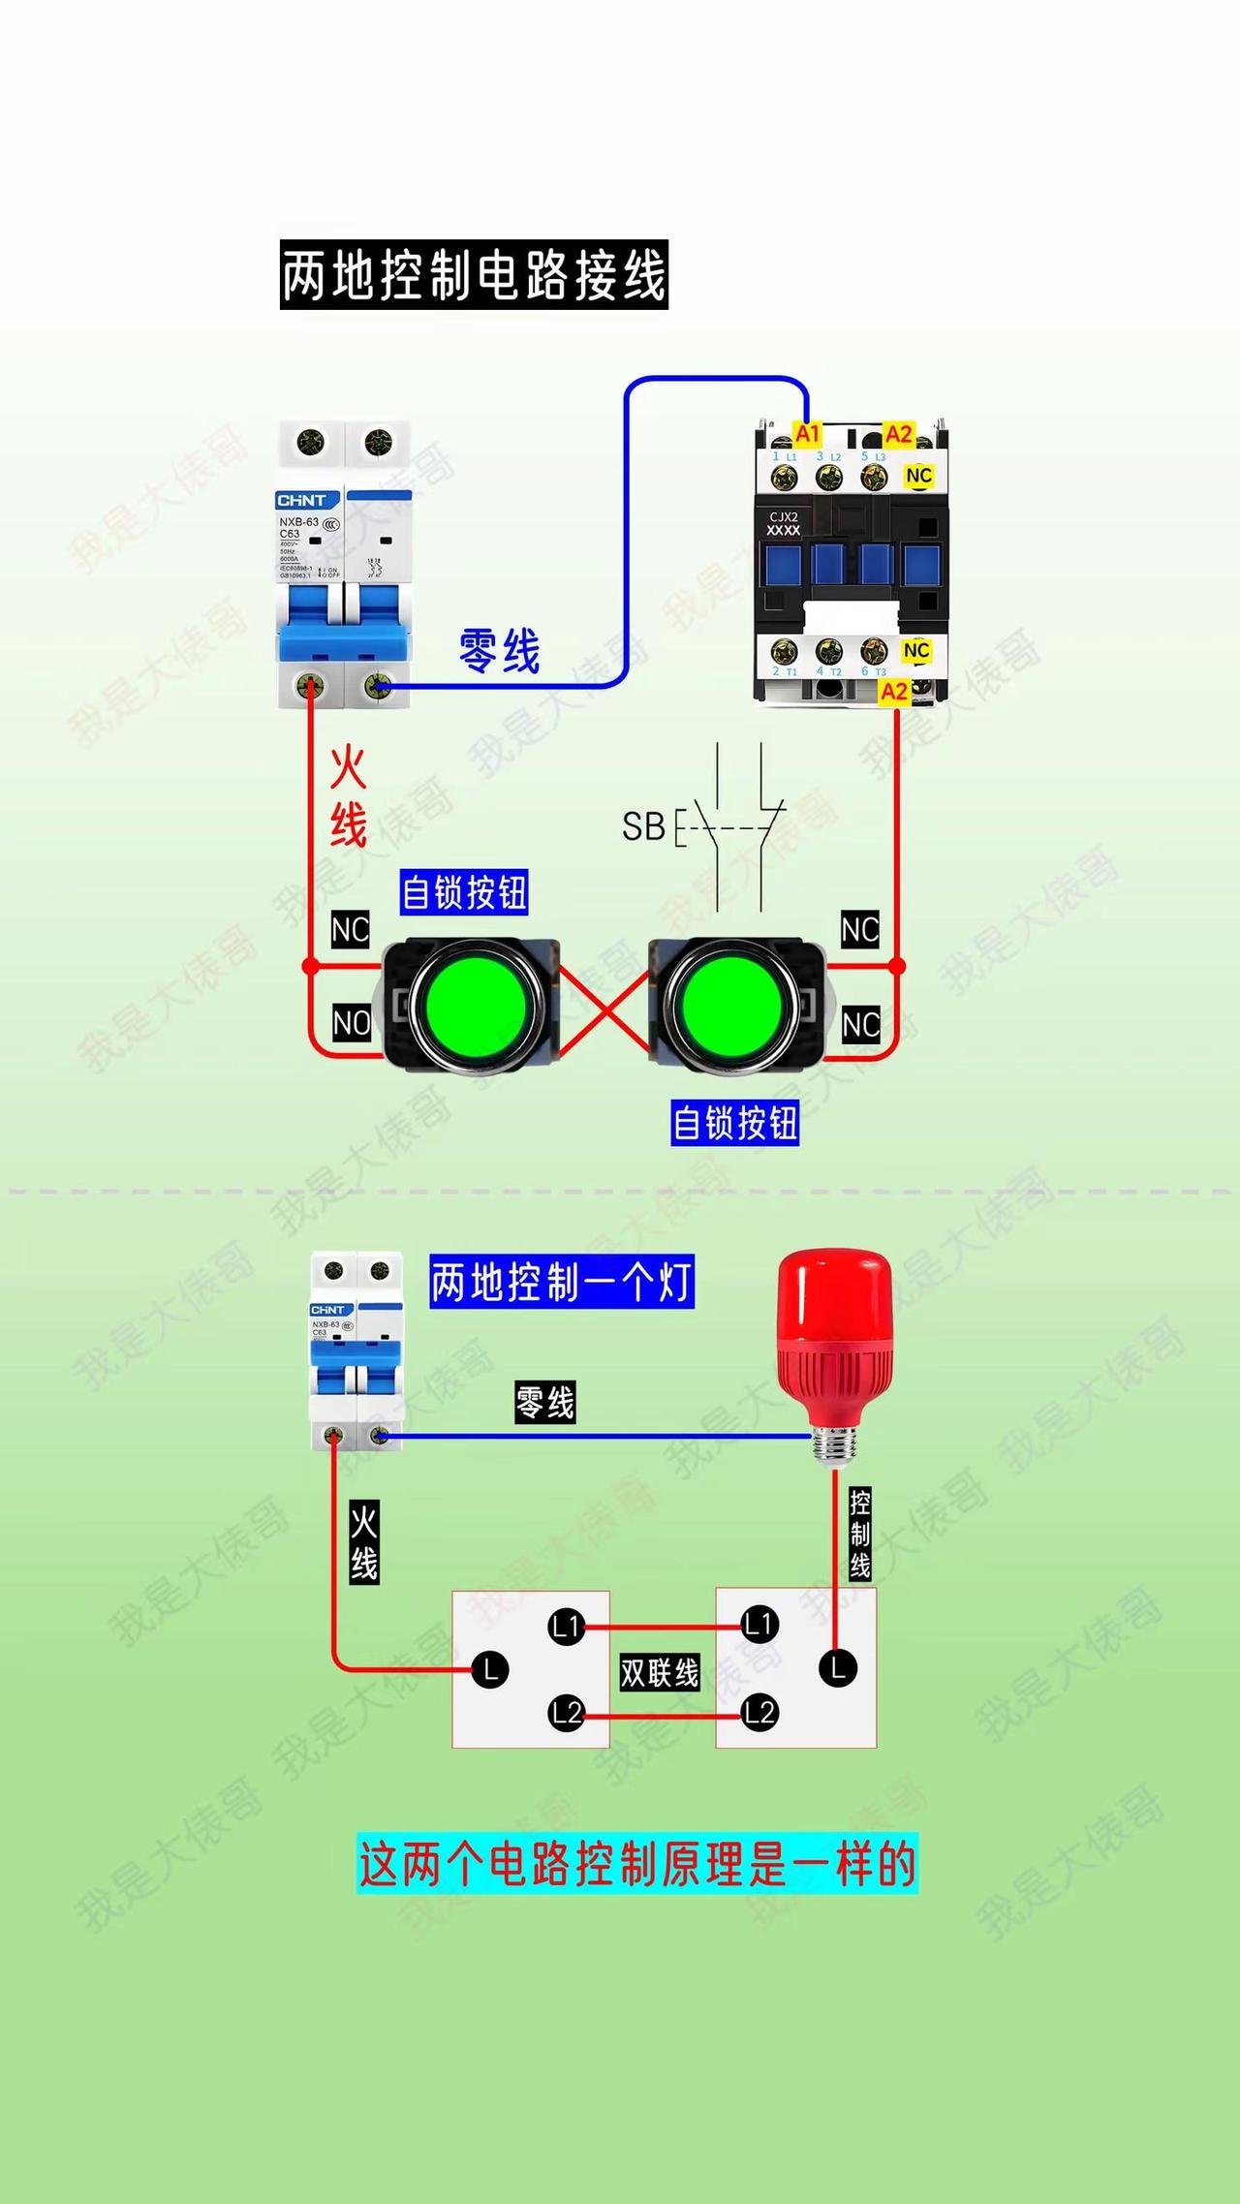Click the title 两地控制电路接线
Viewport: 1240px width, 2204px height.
click(x=474, y=275)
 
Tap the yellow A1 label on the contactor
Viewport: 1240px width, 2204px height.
click(x=807, y=433)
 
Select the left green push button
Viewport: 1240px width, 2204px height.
click(x=475, y=1006)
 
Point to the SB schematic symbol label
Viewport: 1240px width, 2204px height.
click(x=643, y=826)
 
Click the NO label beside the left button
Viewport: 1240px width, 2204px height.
click(x=352, y=1023)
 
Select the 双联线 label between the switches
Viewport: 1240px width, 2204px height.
click(x=660, y=1672)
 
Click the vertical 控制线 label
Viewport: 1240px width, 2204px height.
click(x=859, y=1534)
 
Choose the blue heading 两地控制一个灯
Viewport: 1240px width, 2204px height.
click(x=562, y=1282)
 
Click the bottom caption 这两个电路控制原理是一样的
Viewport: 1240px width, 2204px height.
click(x=637, y=1862)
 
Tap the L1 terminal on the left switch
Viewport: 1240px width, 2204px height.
click(x=567, y=1627)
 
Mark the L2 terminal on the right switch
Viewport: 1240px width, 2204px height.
click(x=759, y=1713)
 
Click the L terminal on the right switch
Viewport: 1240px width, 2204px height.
click(x=837, y=1668)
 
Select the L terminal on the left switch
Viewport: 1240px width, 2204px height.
click(x=490, y=1669)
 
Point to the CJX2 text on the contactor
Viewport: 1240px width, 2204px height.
click(x=784, y=516)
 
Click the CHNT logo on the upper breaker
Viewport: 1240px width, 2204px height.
click(x=301, y=501)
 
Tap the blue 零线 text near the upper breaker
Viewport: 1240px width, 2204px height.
click(x=499, y=650)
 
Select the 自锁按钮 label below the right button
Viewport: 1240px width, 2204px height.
click(x=734, y=1123)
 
